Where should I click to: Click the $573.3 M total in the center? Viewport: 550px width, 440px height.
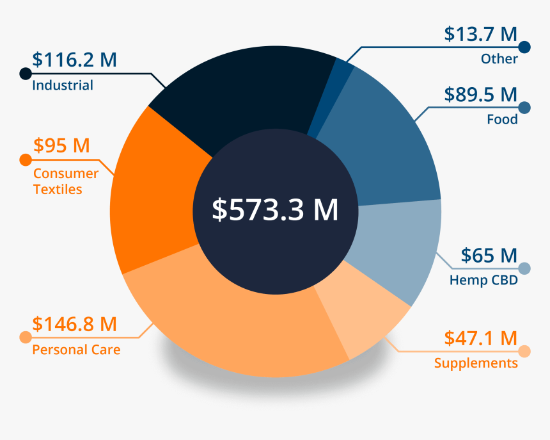pyautogui.click(x=275, y=210)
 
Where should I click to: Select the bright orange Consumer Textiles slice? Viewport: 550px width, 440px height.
pyautogui.click(x=153, y=199)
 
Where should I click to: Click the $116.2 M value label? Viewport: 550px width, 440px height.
pyautogui.click(x=75, y=60)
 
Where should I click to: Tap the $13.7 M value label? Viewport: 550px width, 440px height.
pyautogui.click(x=480, y=34)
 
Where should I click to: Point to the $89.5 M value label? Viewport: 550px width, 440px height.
pyautogui.click(x=480, y=95)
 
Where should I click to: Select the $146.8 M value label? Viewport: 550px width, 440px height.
pyautogui.click(x=75, y=324)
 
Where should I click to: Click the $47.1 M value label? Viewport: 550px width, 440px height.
pyautogui.click(x=480, y=338)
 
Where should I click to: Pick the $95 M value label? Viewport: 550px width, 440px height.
pyautogui.click(x=61, y=145)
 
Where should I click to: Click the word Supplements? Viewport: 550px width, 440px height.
pyautogui.click(x=476, y=363)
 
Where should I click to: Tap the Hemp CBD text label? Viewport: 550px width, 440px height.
pyautogui.click(x=483, y=281)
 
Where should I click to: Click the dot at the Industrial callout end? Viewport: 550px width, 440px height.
pyautogui.click(x=26, y=73)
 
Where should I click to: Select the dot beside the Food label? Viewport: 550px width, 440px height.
pyautogui.click(x=525, y=108)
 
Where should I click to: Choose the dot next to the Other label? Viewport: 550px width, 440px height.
pyautogui.click(x=525, y=47)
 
